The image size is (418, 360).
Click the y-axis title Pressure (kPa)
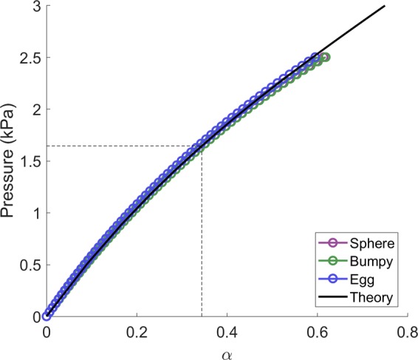(10, 162)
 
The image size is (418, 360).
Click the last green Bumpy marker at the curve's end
(325, 57)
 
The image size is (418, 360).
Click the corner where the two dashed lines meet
(202, 146)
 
